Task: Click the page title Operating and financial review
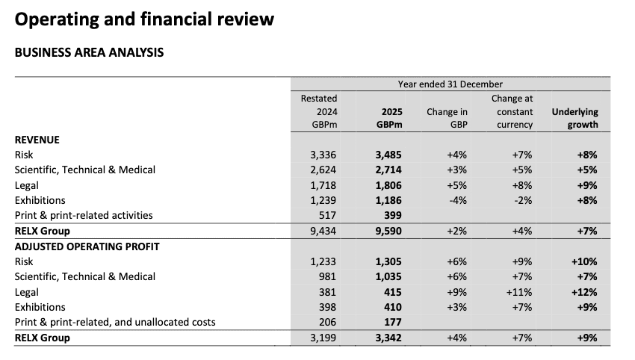tap(144, 19)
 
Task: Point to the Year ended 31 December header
tap(450, 84)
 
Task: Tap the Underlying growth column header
tap(574, 118)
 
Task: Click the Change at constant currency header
tap(512, 111)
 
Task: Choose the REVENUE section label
tap(37, 140)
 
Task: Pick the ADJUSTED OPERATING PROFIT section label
tap(87, 246)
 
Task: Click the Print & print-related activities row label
tap(84, 215)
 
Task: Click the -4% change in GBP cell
tap(456, 200)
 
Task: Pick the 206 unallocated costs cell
tap(326, 322)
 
